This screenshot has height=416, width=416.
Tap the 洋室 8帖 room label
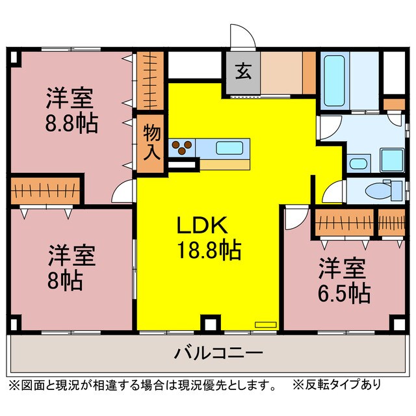tap(71, 266)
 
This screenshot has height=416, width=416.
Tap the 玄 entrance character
tap(242, 72)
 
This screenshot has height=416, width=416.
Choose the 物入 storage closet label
tap(151, 143)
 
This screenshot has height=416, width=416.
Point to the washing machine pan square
tap(392, 158)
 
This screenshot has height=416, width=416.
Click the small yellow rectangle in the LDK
tap(265, 322)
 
